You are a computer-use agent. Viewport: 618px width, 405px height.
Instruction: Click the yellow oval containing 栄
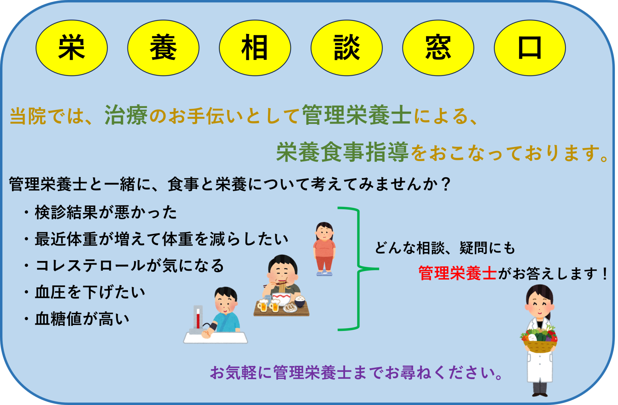pos(72,48)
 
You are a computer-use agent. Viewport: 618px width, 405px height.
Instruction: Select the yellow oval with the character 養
pos(163,48)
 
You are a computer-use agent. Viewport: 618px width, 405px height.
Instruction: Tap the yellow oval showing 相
pos(255,48)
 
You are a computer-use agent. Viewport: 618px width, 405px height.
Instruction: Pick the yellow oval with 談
pos(346,48)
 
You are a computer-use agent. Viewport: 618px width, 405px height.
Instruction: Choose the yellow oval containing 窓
pos(438,48)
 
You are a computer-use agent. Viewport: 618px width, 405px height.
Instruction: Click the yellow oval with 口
pos(530,48)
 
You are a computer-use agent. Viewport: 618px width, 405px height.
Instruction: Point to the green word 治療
pos(126,115)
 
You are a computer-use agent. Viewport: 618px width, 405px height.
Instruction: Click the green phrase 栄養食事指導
pos(342,152)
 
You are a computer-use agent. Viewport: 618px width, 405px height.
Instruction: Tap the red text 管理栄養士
pos(457,273)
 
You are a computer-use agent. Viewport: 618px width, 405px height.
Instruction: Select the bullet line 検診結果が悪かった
pos(100,212)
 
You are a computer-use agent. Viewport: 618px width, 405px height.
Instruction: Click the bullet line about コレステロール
pos(124,266)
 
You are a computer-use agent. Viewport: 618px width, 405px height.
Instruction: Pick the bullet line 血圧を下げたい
pos(85,292)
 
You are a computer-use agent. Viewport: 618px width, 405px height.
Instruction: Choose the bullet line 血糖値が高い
pos(76,319)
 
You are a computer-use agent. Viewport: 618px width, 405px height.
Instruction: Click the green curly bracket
pos(358,269)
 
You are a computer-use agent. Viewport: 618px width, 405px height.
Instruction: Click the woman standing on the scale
pos(324,249)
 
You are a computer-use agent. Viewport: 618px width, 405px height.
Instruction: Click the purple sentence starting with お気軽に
pos(356,373)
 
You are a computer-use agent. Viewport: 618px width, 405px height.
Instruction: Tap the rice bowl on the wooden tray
pos(300,302)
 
